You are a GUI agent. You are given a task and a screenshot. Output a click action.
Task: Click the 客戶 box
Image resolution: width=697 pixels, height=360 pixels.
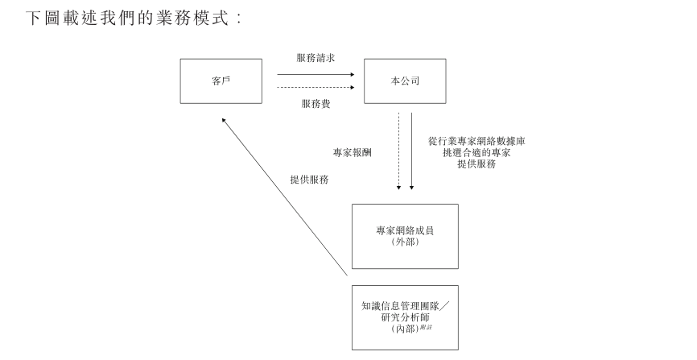[x=221, y=81]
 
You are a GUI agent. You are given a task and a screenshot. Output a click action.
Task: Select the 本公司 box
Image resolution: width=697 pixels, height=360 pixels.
[x=405, y=81]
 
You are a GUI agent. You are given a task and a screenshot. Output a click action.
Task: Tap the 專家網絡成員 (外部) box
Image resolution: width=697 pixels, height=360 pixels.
[x=405, y=235]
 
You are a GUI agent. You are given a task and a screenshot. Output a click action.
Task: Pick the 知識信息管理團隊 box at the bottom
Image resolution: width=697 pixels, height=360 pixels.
[x=405, y=317]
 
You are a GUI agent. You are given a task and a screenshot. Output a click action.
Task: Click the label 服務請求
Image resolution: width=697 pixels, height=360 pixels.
[x=316, y=58]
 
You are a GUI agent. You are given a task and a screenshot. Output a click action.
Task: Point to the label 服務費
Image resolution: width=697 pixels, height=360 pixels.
[x=316, y=104]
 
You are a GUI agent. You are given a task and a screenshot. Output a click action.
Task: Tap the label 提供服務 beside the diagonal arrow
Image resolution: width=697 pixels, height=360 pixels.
[x=309, y=180]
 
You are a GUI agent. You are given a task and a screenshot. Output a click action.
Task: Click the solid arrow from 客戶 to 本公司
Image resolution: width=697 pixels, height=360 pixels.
[x=316, y=75]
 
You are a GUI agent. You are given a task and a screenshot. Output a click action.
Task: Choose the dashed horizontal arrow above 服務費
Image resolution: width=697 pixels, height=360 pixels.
[x=316, y=87]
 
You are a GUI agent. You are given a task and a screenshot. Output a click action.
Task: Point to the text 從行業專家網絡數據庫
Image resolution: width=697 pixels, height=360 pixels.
[x=477, y=140]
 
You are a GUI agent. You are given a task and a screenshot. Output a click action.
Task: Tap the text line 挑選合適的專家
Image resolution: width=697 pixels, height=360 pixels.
[x=477, y=151]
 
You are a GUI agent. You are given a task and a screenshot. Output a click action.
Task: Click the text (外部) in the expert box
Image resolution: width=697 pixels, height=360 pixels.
[x=405, y=242]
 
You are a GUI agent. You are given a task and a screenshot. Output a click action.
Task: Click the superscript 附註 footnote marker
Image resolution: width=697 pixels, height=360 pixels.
[x=427, y=326]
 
